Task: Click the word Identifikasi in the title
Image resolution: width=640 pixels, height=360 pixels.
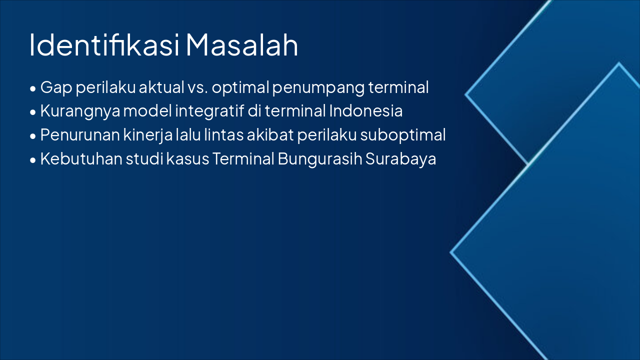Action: (104, 45)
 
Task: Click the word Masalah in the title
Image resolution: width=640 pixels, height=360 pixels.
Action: (242, 45)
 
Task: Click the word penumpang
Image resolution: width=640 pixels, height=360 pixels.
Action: (318, 88)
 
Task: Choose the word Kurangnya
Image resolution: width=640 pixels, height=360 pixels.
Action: (80, 111)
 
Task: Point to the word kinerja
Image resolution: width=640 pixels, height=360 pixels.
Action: (148, 135)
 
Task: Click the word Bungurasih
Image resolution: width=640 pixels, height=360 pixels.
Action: (320, 159)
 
